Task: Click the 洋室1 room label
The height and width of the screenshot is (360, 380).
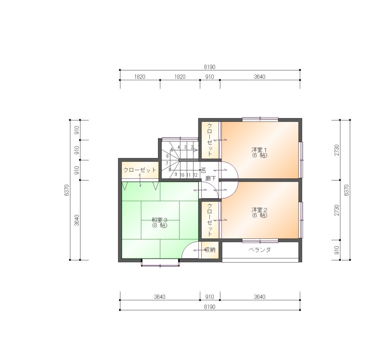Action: [x=259, y=149]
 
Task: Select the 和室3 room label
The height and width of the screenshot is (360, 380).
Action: [x=160, y=220]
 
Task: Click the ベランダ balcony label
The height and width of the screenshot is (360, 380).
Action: [x=260, y=250]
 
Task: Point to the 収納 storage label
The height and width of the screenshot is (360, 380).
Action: [x=210, y=250]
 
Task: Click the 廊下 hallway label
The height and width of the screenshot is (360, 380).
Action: [x=210, y=179]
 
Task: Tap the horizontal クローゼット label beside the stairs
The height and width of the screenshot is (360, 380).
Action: [x=140, y=170]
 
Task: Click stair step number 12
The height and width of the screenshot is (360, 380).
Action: [x=195, y=175]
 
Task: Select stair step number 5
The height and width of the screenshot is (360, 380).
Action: [x=172, y=150]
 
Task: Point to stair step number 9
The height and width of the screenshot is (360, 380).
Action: [x=176, y=174]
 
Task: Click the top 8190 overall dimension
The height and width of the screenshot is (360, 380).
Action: [x=210, y=67]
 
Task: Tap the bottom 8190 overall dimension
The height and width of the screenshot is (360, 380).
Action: [x=210, y=307]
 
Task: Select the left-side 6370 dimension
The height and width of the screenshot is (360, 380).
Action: [x=67, y=190]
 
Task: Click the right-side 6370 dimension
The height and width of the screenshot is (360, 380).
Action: [x=347, y=190]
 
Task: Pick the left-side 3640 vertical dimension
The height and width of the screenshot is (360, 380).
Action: [x=77, y=220]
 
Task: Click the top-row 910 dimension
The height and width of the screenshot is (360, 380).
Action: [x=210, y=77]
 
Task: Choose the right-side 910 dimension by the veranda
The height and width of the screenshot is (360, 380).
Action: [x=337, y=250]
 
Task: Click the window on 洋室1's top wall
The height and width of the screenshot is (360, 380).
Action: [x=260, y=119]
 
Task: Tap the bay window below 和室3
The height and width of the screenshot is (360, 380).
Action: [x=160, y=263]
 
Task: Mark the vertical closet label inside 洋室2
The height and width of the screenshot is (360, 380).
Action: [x=210, y=220]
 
